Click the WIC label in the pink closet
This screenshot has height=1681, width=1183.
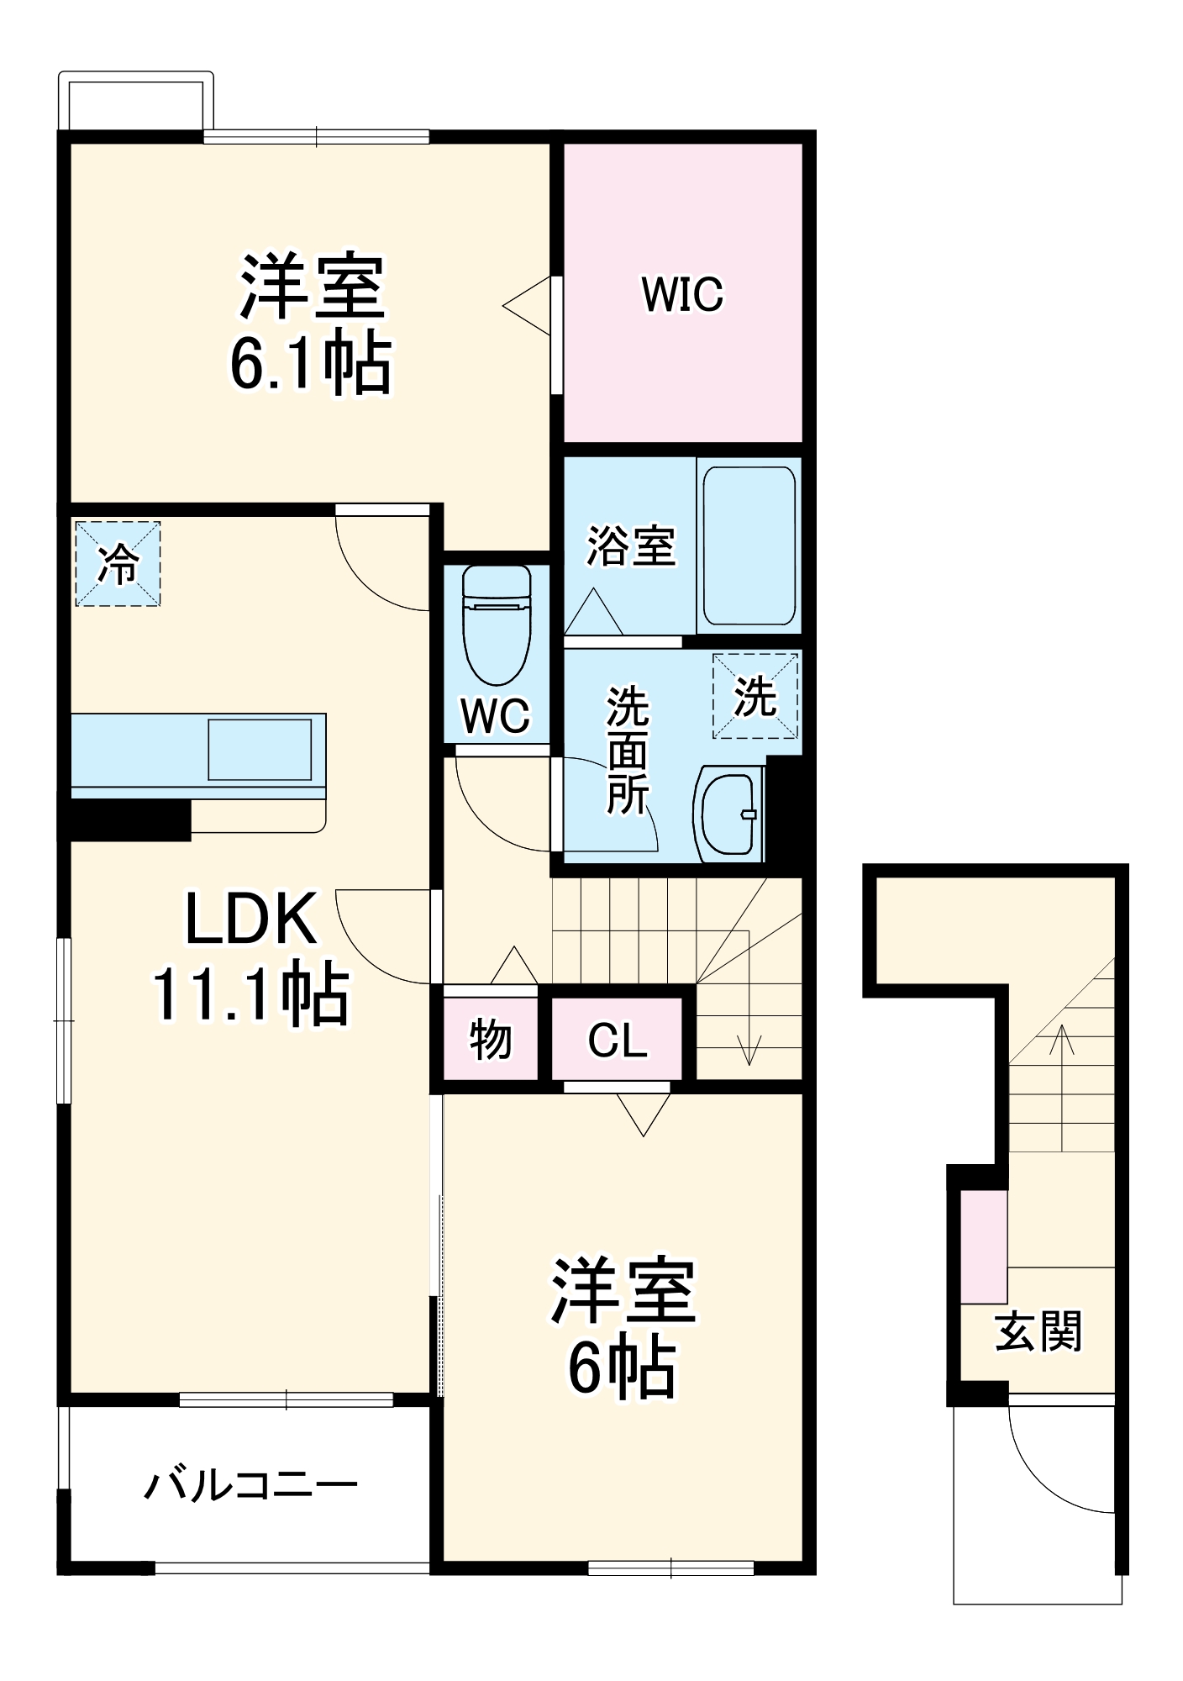pyautogui.click(x=681, y=294)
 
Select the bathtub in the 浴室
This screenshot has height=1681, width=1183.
pyautogui.click(x=749, y=545)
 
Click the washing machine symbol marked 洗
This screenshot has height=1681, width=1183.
pyautogui.click(x=755, y=696)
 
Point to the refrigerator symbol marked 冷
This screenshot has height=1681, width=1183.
pyautogui.click(x=118, y=563)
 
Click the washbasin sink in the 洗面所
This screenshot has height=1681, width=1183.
pyautogui.click(x=728, y=813)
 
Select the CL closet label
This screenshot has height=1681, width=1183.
pyautogui.click(x=618, y=1041)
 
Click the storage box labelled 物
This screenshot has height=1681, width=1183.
pyautogui.click(x=490, y=1039)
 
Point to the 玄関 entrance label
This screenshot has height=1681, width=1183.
pyautogui.click(x=1038, y=1331)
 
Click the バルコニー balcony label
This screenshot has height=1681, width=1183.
pyautogui.click(x=250, y=1485)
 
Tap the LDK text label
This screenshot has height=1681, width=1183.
pyautogui.click(x=250, y=920)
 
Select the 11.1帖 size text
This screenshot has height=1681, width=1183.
pyautogui.click(x=250, y=994)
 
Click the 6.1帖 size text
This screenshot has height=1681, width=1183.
pyautogui.click(x=310, y=364)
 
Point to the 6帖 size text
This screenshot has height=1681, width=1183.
pyautogui.click(x=622, y=1368)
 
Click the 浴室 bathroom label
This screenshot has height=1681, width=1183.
pyautogui.click(x=630, y=545)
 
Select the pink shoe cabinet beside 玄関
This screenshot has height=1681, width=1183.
pyautogui.click(x=984, y=1246)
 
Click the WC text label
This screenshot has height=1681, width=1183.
pyautogui.click(x=496, y=716)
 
